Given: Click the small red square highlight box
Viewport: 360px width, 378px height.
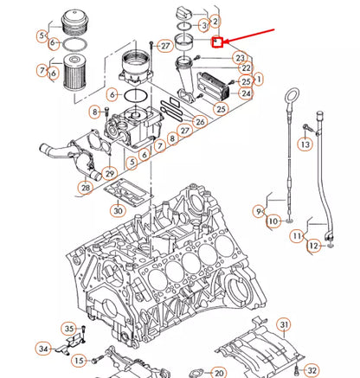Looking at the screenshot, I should pyautogui.click(x=218, y=41).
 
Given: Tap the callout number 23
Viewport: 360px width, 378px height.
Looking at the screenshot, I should pyautogui.click(x=240, y=58).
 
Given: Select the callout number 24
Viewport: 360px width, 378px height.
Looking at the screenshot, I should pyautogui.click(x=247, y=93).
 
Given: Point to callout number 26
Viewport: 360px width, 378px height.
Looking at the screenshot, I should pyautogui.click(x=201, y=122).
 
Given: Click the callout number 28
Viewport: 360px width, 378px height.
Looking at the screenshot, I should pyautogui.click(x=86, y=188).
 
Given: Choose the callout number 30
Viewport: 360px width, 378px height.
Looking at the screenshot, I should pyautogui.click(x=119, y=209).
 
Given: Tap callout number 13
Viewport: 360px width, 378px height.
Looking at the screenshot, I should pyautogui.click(x=305, y=145).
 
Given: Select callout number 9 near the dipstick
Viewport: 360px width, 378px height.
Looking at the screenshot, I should pyautogui.click(x=259, y=210).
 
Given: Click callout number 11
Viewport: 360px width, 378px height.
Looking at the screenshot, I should pyautogui.click(x=296, y=235).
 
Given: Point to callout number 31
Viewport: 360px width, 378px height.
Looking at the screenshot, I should pyautogui.click(x=283, y=325).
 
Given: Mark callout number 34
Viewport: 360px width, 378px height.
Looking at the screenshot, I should pyautogui.click(x=43, y=349).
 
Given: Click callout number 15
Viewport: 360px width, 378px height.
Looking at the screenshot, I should pyautogui.click(x=79, y=360).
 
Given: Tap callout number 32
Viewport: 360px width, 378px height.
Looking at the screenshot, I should pyautogui.click(x=312, y=370).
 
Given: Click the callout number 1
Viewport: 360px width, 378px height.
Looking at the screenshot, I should pyautogui.click(x=260, y=79).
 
